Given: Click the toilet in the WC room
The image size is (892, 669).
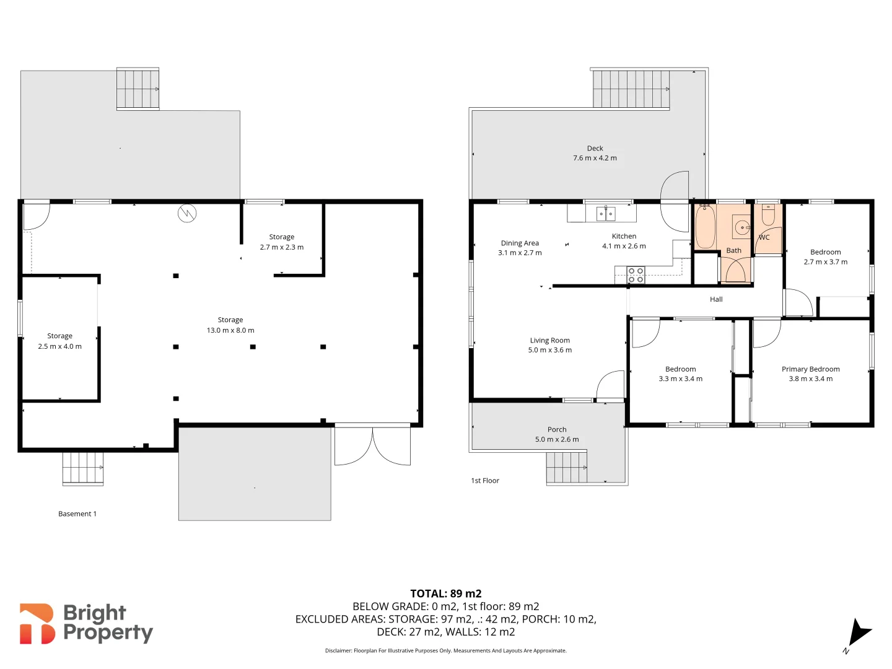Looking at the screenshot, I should tap(768, 216).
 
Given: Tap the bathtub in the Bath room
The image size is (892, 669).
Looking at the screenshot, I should tap(705, 227).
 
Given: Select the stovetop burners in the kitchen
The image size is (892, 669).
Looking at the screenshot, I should tap(636, 275).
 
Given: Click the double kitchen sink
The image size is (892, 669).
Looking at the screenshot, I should tap(605, 214).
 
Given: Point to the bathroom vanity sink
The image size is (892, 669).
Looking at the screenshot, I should tap(741, 227).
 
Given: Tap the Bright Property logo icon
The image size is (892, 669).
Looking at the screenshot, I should tap(37, 624).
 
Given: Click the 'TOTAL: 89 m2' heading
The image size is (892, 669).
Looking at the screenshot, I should tap(445, 593).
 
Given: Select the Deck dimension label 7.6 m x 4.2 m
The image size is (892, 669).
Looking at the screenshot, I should tap(595, 158).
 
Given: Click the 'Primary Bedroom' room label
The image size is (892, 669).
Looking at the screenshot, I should tap(810, 369).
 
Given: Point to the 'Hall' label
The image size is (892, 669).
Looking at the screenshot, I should tap(716, 299).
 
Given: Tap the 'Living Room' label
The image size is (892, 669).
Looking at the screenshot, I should tap(549, 340).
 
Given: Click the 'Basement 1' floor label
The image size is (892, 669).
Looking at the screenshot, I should tap(77, 514).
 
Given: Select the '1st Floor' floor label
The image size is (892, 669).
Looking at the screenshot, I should tap(485, 480).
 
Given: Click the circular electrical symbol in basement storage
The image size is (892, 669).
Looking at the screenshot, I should tap(187, 214).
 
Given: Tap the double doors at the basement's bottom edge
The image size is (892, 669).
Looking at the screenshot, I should tap(372, 445).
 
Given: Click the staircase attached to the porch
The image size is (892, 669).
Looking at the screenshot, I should tap(566, 467).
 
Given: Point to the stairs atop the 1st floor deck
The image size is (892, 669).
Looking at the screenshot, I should tap(631, 89).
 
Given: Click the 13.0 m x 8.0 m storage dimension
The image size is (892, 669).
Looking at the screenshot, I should tap(230, 330).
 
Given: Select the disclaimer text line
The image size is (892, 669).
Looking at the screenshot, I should tap(445, 650).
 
